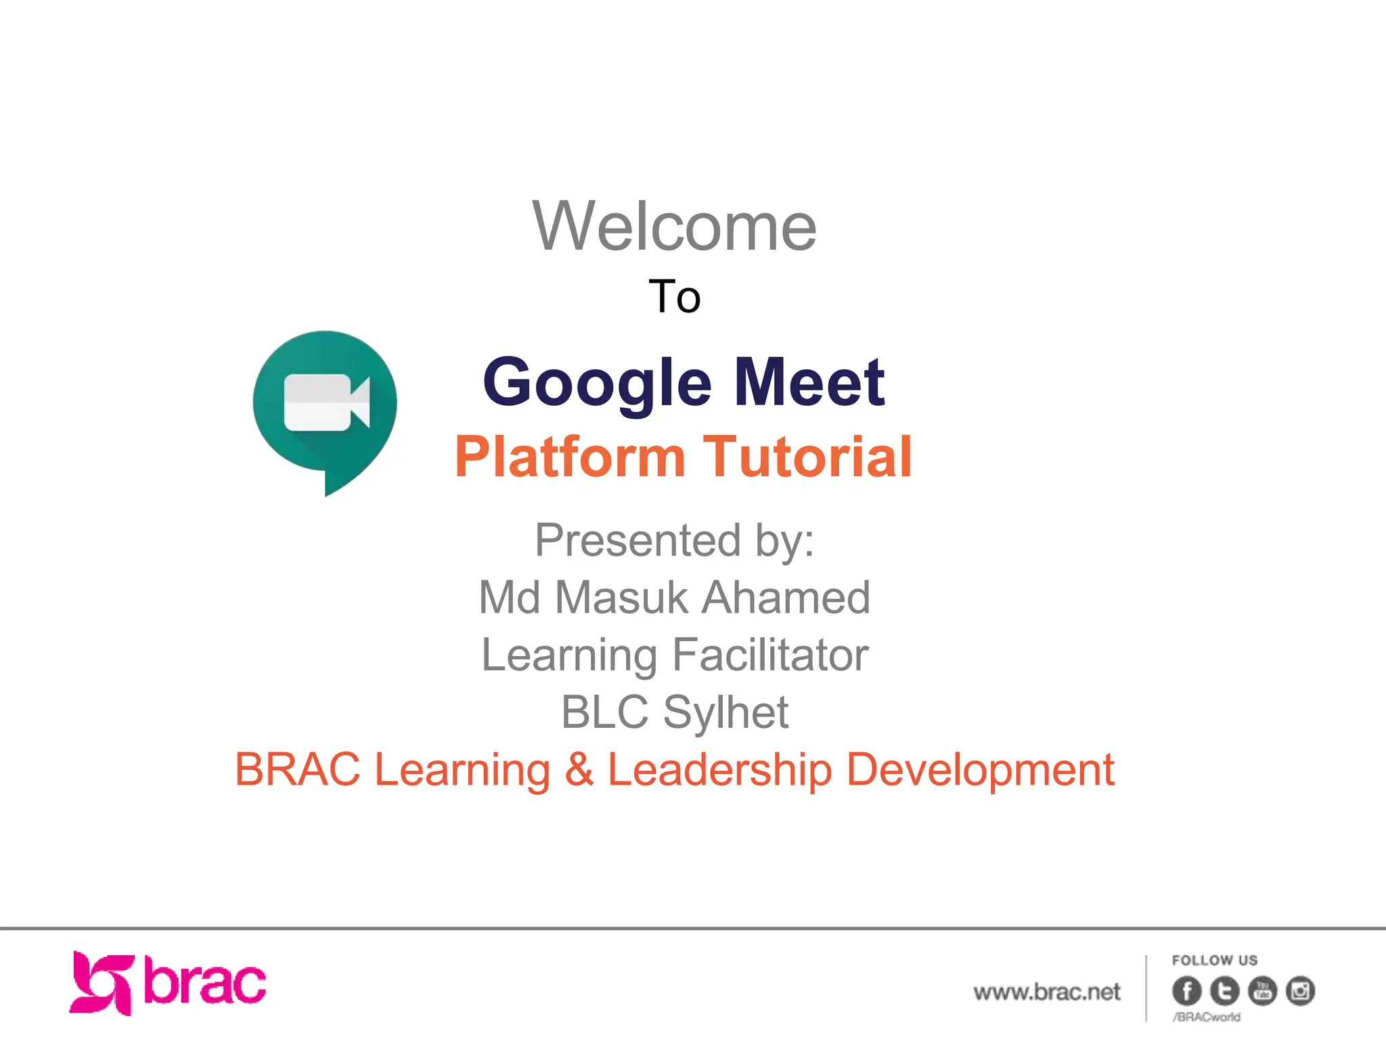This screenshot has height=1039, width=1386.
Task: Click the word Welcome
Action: pos(674,227)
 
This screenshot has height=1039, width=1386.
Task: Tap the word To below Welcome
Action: pos(674,297)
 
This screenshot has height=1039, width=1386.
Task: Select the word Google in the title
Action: pos(598,383)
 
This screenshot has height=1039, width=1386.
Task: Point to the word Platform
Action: pos(571,457)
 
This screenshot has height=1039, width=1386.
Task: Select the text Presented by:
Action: pos(674,540)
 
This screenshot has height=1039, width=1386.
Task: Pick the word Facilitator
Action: pos(770,655)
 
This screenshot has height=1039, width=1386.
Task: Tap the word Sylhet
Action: pos(725,712)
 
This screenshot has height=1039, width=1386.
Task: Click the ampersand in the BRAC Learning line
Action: pos(579,770)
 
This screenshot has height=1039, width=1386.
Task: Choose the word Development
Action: pos(980,770)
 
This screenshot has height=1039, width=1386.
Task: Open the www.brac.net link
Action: pos(1046,992)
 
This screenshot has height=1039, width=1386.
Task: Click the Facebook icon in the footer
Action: pos(1186,991)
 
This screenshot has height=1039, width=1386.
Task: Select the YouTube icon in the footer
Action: pos(1262,991)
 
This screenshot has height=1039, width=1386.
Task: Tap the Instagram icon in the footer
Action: pos(1300,991)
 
